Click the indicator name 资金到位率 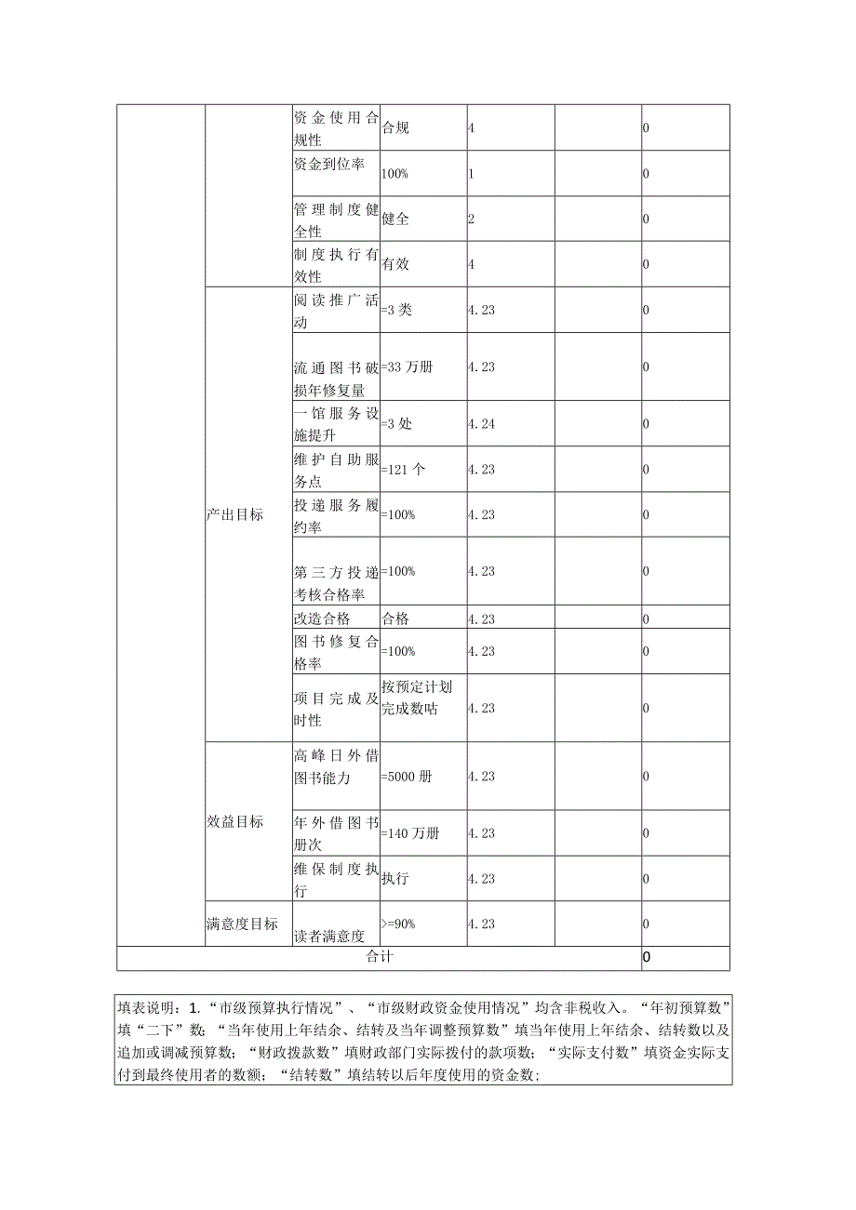click(x=328, y=165)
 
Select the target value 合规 click(x=395, y=127)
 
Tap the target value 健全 click(x=395, y=219)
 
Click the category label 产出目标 click(x=234, y=515)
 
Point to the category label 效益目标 click(x=234, y=822)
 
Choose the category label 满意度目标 click(x=242, y=924)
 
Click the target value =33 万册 click(x=407, y=366)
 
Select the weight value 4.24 click(x=481, y=423)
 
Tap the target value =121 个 click(x=404, y=470)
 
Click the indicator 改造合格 click(x=322, y=618)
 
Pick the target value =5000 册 click(x=406, y=777)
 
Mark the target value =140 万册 click(x=409, y=833)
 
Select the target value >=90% click(x=398, y=924)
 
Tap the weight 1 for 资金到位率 click(x=472, y=174)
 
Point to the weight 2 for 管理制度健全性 click(x=472, y=219)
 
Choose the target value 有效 click(x=395, y=264)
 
